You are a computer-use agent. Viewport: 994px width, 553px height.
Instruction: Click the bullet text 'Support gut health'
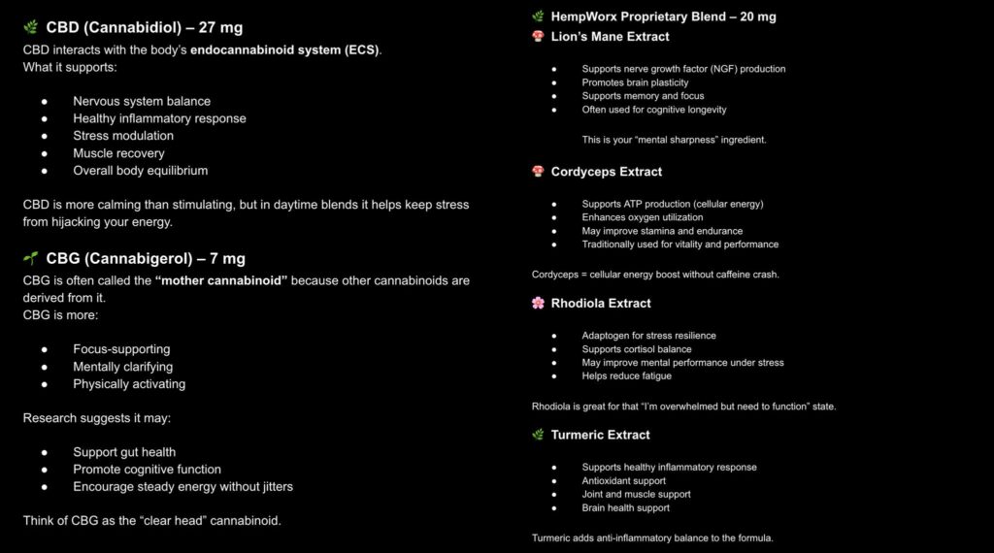(x=124, y=452)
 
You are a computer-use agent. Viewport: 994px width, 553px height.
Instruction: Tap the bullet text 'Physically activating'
(x=129, y=384)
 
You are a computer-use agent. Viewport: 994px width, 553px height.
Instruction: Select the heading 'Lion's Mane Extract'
(x=610, y=37)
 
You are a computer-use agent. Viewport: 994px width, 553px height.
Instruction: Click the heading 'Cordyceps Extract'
(x=606, y=172)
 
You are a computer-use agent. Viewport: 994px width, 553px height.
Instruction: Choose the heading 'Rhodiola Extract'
(x=601, y=303)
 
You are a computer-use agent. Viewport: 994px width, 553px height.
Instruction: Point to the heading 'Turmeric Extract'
(x=600, y=435)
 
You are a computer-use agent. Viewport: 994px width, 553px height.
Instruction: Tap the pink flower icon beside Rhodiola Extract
(x=538, y=303)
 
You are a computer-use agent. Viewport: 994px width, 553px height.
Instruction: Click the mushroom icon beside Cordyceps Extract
(x=538, y=172)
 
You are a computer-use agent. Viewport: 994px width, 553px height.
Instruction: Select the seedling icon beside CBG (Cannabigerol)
(x=31, y=259)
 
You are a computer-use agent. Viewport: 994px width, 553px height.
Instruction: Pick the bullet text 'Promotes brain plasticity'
(x=635, y=82)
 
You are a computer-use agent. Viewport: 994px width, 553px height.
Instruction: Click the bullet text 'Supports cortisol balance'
(x=637, y=349)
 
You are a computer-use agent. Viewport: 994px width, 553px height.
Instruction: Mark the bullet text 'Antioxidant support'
(x=623, y=481)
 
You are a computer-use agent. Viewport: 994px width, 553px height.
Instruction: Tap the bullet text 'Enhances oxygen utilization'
(x=643, y=217)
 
